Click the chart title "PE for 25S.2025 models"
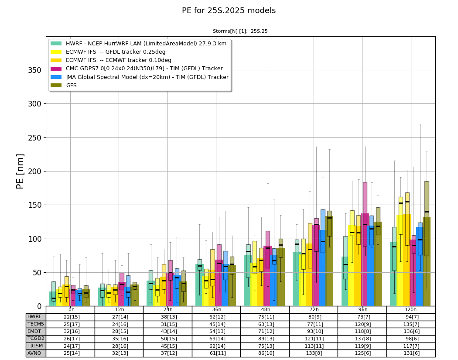(229, 10)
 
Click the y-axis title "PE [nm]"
(20, 171)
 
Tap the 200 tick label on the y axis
(35, 171)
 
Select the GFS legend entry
(64, 86)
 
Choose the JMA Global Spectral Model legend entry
(140, 77)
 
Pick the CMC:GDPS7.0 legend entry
(137, 69)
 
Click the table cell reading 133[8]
(314, 353)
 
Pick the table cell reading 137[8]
(362, 339)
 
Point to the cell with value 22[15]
(70, 317)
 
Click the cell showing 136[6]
(411, 331)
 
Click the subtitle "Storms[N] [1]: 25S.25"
(240, 31)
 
